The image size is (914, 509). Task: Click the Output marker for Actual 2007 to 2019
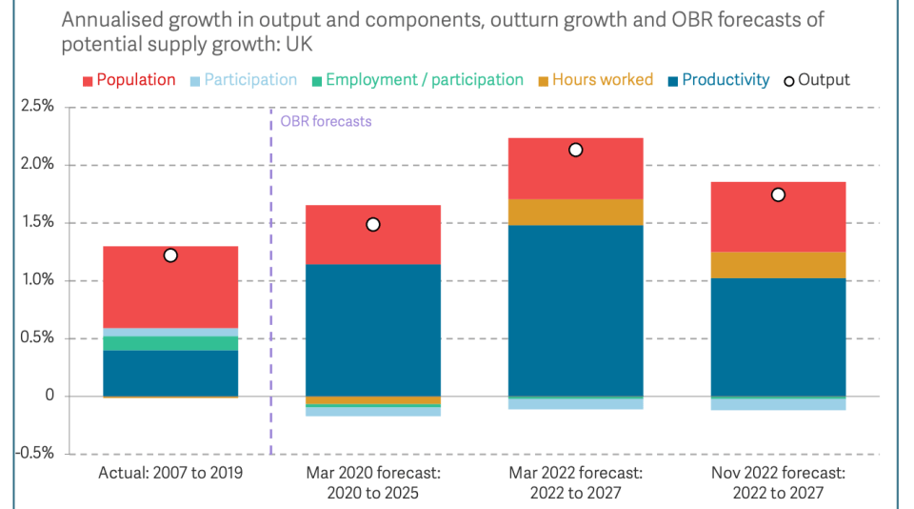[170, 254]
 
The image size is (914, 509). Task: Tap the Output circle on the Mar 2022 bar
[575, 150]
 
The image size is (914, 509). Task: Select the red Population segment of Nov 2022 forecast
[778, 217]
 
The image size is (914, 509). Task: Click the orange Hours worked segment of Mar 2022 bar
[575, 212]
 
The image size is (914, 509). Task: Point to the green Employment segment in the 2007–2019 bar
[170, 343]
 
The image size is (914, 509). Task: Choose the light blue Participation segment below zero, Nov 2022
[778, 404]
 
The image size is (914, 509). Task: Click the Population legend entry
[129, 80]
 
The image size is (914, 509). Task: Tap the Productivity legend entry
[716, 80]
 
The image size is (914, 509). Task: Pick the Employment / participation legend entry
[415, 80]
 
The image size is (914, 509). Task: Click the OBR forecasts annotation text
[326, 122]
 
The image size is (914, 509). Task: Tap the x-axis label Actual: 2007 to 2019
[170, 473]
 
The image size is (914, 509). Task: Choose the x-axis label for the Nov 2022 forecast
[778, 482]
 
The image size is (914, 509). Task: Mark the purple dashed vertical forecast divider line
[271, 286]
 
